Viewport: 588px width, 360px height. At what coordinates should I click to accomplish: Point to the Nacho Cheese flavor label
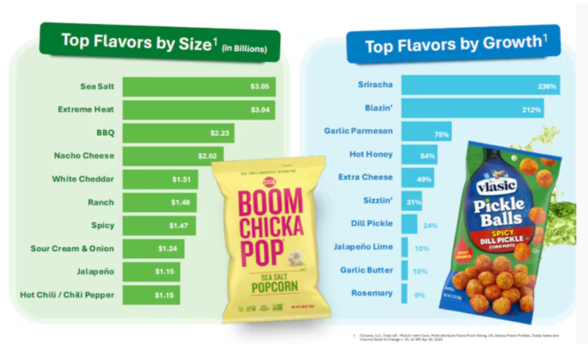pos(84,156)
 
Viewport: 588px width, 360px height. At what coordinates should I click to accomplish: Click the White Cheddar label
pos(83,179)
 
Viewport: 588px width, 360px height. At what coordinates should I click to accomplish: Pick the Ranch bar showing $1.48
pos(160,202)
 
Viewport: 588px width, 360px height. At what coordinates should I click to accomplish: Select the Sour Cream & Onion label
pos(72,249)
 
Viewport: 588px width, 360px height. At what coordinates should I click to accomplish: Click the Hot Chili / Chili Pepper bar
pos(151,295)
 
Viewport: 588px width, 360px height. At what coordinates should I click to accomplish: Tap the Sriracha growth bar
pos(479,86)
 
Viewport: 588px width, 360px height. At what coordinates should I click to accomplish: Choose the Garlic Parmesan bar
pos(426,132)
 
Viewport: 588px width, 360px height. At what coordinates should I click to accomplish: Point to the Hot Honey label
pos(370,154)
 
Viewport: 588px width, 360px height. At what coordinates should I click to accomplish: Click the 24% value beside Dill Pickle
pos(430,225)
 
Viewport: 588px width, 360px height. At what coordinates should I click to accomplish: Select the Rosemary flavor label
pos(371,293)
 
